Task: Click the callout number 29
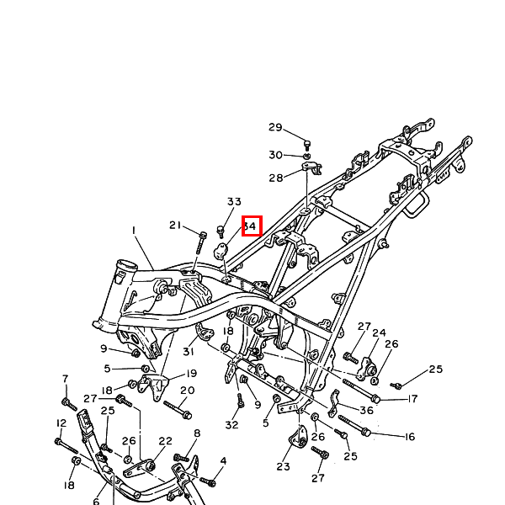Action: coord(275,127)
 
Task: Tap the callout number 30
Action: coord(275,155)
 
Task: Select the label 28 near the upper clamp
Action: coord(276,178)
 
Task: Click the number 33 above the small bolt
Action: coord(234,202)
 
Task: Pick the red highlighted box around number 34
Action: coord(252,226)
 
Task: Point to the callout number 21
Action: coord(175,225)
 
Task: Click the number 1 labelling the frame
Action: coord(133,230)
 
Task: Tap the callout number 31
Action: coord(187,352)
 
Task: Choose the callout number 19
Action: coord(191,373)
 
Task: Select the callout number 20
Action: coord(187,391)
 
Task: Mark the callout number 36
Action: coord(366,411)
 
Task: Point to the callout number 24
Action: coord(380,333)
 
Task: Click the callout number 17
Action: coord(412,399)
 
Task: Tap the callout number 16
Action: coord(410,437)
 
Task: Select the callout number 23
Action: coord(283,467)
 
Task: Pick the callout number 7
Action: coord(65,379)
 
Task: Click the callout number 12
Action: coord(61,423)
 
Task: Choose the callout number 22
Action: coord(165,441)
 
